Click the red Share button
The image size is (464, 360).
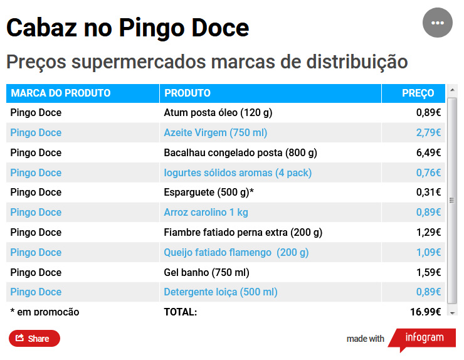[34, 339]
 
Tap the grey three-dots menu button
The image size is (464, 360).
[438, 23]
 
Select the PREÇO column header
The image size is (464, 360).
[418, 93]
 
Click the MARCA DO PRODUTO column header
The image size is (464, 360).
[61, 93]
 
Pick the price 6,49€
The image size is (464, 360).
[428, 152]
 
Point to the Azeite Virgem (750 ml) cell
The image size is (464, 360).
[215, 133]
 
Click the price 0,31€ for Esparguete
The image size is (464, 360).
[428, 193]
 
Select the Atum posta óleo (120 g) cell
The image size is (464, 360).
[218, 113]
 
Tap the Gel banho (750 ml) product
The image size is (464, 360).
[206, 272]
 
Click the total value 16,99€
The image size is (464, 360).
[425, 312]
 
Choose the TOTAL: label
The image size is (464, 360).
[181, 312]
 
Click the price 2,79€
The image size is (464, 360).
[428, 133]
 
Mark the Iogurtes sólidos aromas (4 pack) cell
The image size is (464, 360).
[238, 172]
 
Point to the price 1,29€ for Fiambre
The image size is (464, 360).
[428, 233]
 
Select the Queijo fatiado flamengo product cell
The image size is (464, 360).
[236, 253]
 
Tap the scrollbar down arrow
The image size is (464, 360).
[452, 311]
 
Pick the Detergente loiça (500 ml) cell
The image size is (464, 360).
[220, 292]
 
